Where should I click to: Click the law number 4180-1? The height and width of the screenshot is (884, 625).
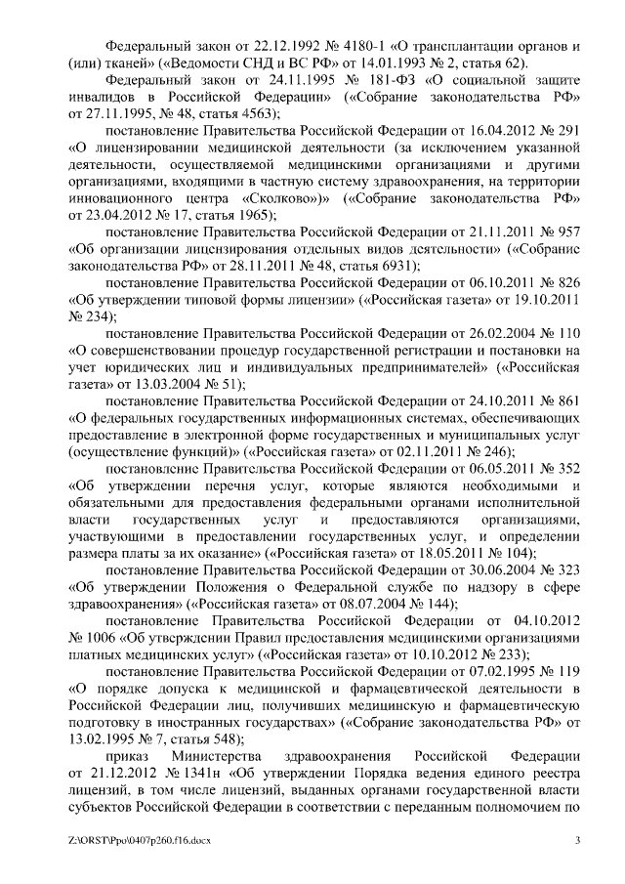click(363, 46)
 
